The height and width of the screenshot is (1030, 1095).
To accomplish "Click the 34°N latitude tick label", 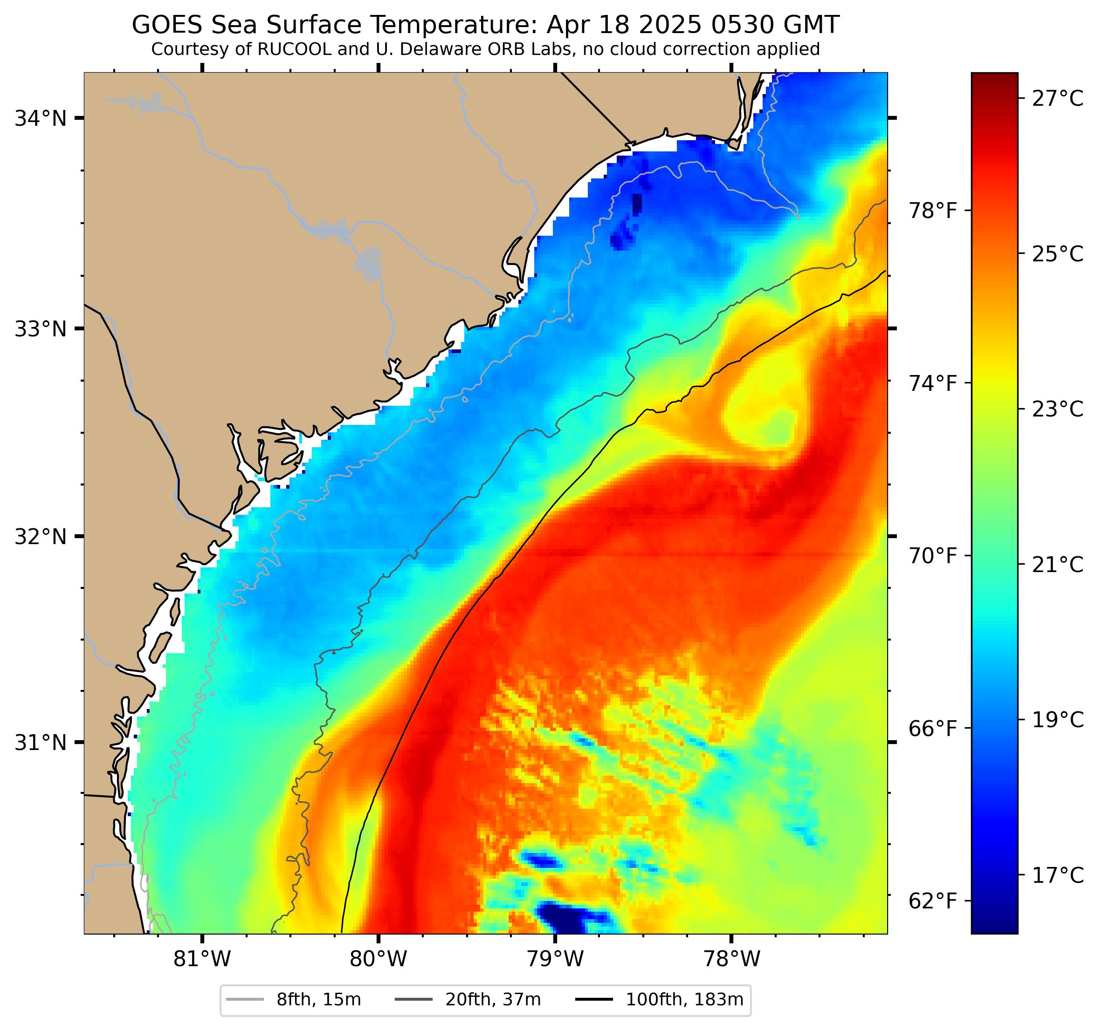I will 40,118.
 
